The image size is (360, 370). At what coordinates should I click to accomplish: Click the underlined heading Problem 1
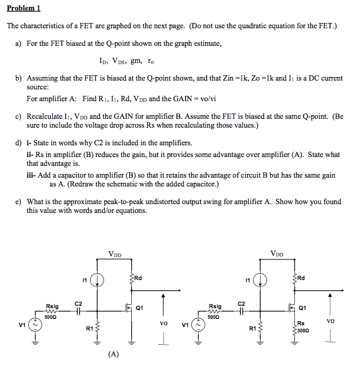click(x=24, y=9)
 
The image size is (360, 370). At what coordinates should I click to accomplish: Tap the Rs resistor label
click(x=300, y=323)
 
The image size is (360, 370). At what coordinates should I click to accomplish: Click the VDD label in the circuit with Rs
click(x=278, y=254)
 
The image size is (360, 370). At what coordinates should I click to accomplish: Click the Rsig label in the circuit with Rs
click(x=215, y=306)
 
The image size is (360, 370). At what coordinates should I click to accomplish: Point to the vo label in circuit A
click(x=163, y=322)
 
